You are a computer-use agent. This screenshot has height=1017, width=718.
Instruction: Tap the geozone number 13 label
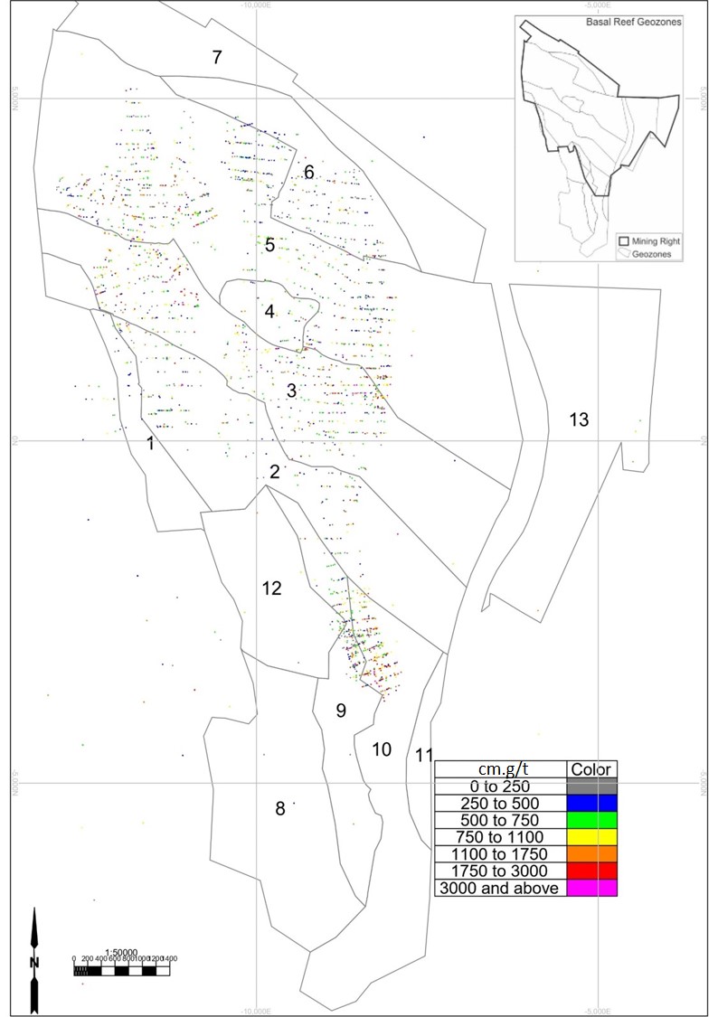click(579, 419)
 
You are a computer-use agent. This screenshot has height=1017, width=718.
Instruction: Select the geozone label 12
click(272, 589)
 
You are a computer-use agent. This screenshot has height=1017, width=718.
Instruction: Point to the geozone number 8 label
click(280, 809)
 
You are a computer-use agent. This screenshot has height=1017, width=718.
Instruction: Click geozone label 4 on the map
click(269, 312)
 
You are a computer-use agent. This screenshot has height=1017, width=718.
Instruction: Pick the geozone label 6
click(308, 173)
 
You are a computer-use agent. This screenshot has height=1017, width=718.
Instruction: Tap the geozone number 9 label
click(341, 711)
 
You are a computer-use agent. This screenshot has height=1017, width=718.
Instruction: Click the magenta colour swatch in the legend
click(592, 889)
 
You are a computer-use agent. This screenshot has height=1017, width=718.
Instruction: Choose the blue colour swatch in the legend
click(592, 803)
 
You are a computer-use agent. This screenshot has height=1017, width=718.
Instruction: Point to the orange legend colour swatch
click(592, 854)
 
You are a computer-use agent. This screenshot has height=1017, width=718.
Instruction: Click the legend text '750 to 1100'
click(501, 837)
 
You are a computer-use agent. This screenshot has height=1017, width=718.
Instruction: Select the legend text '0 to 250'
click(501, 786)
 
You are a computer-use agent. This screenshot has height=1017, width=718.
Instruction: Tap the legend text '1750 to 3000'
click(501, 871)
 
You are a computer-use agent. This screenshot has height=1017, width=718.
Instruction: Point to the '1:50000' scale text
click(121, 952)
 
